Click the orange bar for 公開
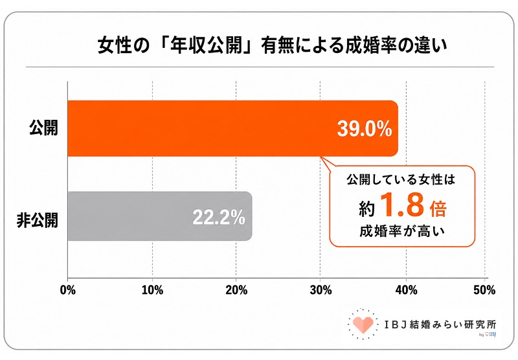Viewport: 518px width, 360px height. pos(232,128)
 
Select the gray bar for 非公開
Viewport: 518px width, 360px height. pos(160,216)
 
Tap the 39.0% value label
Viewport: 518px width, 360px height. pos(365,128)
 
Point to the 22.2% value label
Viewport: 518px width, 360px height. pos(219,217)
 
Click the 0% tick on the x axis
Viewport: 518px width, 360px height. pos(68,290)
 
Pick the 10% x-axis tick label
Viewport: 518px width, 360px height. pos(152,290)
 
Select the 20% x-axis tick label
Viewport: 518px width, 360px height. pos(236,290)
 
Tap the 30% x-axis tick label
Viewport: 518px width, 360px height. pos(321,290)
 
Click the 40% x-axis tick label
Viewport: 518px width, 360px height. pos(407,290)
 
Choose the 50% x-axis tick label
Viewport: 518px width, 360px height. pos(484,290)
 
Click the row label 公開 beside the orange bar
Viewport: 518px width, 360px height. pos(43,128)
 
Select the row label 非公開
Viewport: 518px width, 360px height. pos(38,220)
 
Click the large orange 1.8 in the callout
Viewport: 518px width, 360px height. pos(402,205)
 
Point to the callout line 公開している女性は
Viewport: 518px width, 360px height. pos(401,179)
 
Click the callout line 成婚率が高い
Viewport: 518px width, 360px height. pos(402,231)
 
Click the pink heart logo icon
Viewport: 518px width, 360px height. pos(363,324)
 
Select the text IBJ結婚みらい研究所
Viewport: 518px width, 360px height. pos(440,324)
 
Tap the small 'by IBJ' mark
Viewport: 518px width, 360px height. pos(488,335)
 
